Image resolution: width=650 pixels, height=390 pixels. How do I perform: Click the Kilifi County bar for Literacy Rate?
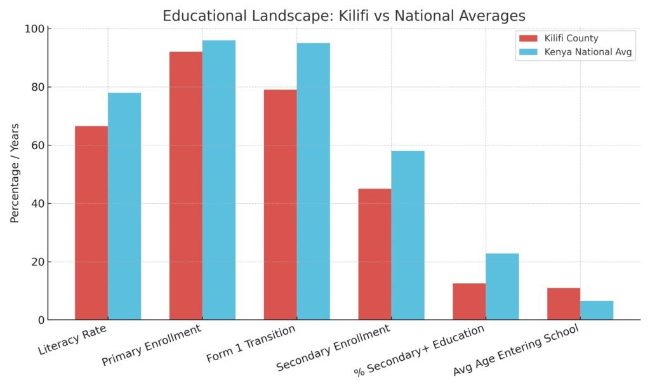point(91,222)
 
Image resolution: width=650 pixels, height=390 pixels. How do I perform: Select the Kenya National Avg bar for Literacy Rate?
point(124,206)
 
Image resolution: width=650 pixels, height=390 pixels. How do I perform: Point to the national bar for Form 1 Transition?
point(313,181)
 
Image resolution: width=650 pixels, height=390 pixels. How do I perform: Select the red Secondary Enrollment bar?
point(375,254)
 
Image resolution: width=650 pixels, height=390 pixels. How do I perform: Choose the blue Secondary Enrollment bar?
point(408,235)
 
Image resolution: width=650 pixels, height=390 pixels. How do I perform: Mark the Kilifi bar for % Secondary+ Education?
point(469,301)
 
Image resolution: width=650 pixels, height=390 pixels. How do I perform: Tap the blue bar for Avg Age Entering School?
point(597,310)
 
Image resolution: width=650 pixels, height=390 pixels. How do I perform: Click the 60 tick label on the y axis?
point(39,145)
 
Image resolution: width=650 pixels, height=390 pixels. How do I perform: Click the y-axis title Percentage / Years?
point(15,173)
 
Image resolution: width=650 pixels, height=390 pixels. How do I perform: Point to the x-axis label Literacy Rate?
point(72,340)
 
